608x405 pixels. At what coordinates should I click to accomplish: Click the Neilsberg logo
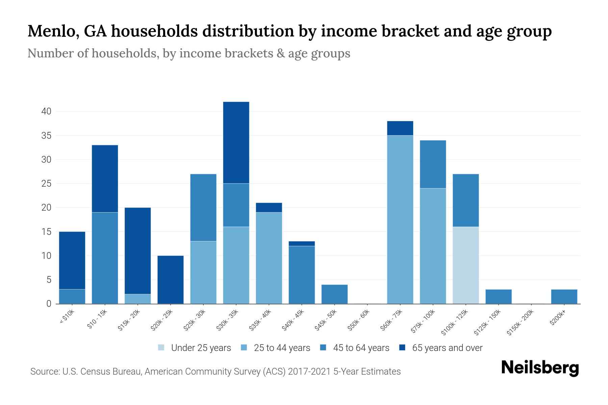(x=540, y=368)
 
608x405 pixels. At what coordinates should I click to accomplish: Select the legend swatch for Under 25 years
(x=161, y=347)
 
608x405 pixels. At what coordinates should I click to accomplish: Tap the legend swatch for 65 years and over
(x=402, y=347)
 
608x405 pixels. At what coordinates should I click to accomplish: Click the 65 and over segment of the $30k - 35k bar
(x=236, y=142)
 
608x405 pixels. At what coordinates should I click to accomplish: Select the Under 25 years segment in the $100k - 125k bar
(x=465, y=265)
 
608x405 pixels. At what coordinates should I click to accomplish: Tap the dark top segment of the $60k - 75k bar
(x=400, y=128)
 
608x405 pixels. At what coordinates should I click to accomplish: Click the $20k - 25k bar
(x=171, y=279)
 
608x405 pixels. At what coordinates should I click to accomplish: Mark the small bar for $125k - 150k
(x=498, y=296)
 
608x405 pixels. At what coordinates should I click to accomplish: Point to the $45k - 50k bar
(x=334, y=294)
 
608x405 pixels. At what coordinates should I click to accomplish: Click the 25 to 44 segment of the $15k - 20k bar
(x=138, y=299)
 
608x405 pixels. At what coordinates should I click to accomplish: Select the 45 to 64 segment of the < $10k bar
(x=72, y=296)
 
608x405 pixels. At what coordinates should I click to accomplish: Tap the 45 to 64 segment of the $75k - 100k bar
(x=433, y=164)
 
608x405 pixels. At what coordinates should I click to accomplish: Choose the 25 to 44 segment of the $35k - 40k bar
(x=269, y=258)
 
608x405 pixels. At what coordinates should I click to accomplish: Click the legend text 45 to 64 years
(x=361, y=348)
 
